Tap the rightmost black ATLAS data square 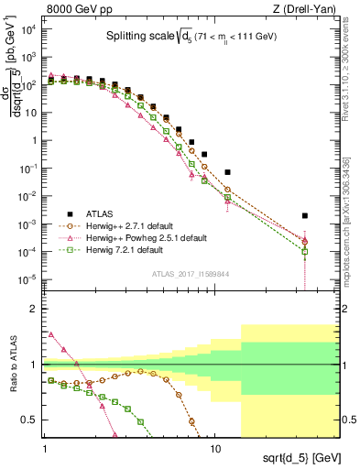click(305, 216)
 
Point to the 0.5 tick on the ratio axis click(31, 420)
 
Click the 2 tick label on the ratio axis click(35, 309)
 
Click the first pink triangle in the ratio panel click(51, 334)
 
